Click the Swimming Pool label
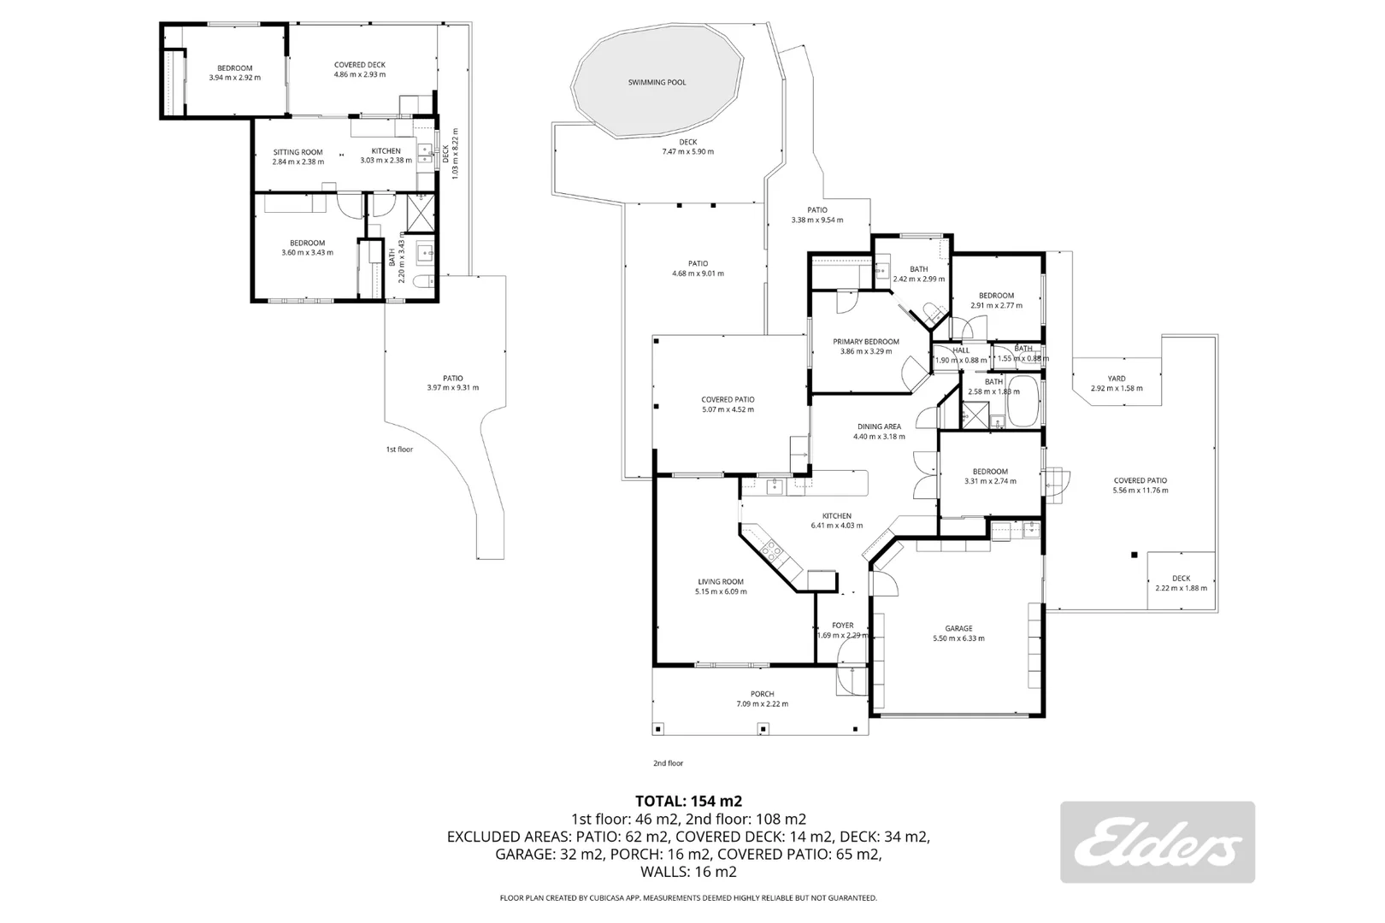657,82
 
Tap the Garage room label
958,628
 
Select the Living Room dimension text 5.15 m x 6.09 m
721,591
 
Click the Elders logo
1158,842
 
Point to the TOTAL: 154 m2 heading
688,801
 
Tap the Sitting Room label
298,152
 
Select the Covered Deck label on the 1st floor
360,65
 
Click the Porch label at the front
762,694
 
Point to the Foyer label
843,626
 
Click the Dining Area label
879,426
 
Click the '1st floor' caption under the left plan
399,449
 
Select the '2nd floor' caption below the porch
669,763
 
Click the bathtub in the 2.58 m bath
1023,404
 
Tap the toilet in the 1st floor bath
421,283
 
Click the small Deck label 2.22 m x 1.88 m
1181,579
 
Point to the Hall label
960,350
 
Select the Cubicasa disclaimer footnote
688,898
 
